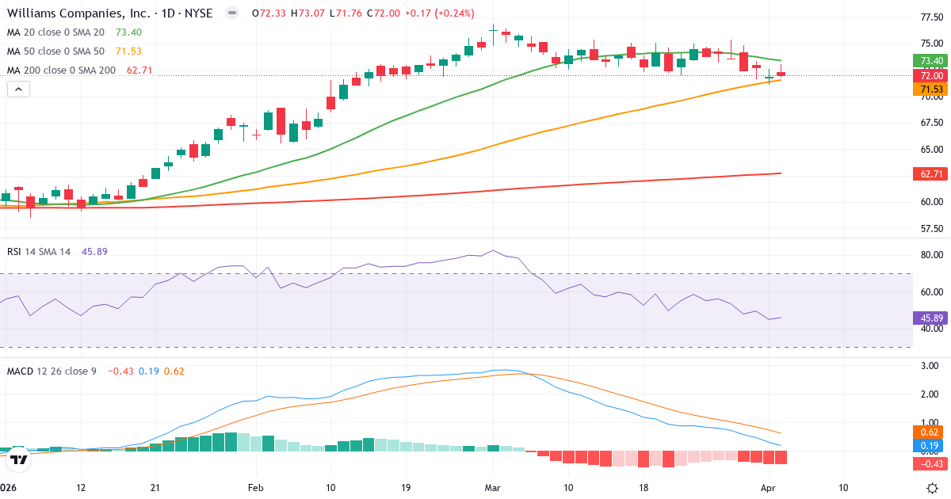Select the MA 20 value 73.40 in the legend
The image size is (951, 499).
tap(128, 32)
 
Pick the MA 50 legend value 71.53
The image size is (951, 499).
tap(128, 51)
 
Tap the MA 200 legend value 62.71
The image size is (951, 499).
tap(139, 70)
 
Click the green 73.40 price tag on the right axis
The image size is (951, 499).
tap(931, 61)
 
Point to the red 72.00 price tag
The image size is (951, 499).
tap(931, 75)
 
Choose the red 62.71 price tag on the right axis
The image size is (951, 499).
tap(931, 173)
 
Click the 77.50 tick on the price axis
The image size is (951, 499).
tap(930, 17)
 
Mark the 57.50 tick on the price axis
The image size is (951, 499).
tap(930, 228)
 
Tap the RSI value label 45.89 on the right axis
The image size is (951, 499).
tap(931, 318)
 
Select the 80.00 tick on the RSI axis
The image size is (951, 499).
tap(930, 255)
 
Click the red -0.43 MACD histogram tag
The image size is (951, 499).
tap(931, 463)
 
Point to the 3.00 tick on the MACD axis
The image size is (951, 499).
tap(930, 366)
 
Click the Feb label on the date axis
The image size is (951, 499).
tap(255, 488)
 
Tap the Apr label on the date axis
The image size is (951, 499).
tap(769, 488)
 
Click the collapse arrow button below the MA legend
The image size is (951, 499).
tap(17, 90)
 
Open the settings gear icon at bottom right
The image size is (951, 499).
tap(934, 487)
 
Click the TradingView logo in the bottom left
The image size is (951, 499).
tap(20, 457)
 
